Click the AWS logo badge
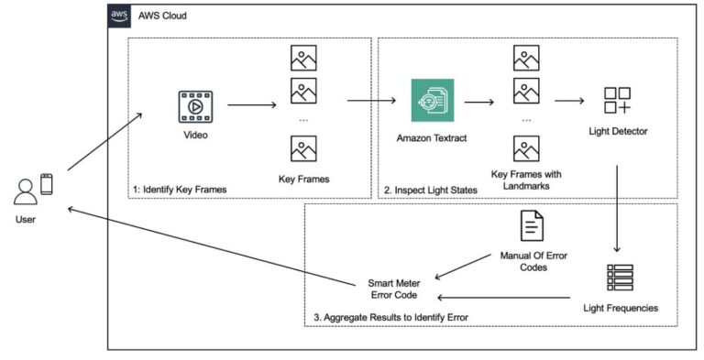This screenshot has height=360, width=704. (119, 16)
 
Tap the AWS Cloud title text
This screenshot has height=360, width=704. (162, 16)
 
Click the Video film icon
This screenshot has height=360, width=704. (195, 105)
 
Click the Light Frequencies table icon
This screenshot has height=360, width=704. (620, 278)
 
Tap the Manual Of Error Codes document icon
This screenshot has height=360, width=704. (532, 225)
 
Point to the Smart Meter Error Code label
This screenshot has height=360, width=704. (394, 290)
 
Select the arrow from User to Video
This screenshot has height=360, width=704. (104, 142)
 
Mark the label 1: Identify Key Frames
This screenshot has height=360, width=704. (180, 189)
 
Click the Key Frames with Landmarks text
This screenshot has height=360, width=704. (526, 180)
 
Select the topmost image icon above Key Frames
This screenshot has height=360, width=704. (303, 59)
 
